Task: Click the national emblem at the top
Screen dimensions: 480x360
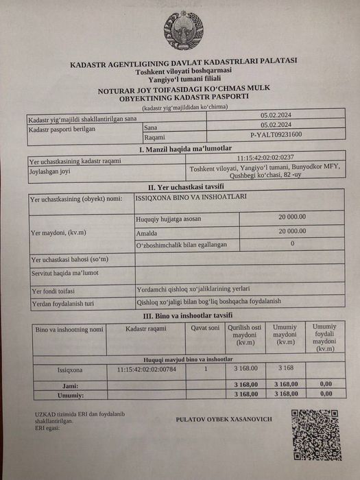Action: click(x=183, y=30)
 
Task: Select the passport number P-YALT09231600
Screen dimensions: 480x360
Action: click(x=276, y=134)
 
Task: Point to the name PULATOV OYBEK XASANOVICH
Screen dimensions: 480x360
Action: click(x=224, y=419)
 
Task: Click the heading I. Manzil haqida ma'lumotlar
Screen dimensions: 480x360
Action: click(x=185, y=149)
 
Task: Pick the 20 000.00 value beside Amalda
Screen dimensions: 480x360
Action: click(x=292, y=231)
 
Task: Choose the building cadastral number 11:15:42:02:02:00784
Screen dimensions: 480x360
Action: click(x=146, y=368)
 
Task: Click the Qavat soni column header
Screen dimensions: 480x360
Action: click(x=204, y=328)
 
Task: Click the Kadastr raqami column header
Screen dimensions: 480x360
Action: click(x=146, y=328)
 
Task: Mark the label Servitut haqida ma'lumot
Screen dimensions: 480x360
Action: click(x=64, y=273)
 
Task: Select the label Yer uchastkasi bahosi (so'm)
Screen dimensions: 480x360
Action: click(x=69, y=259)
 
